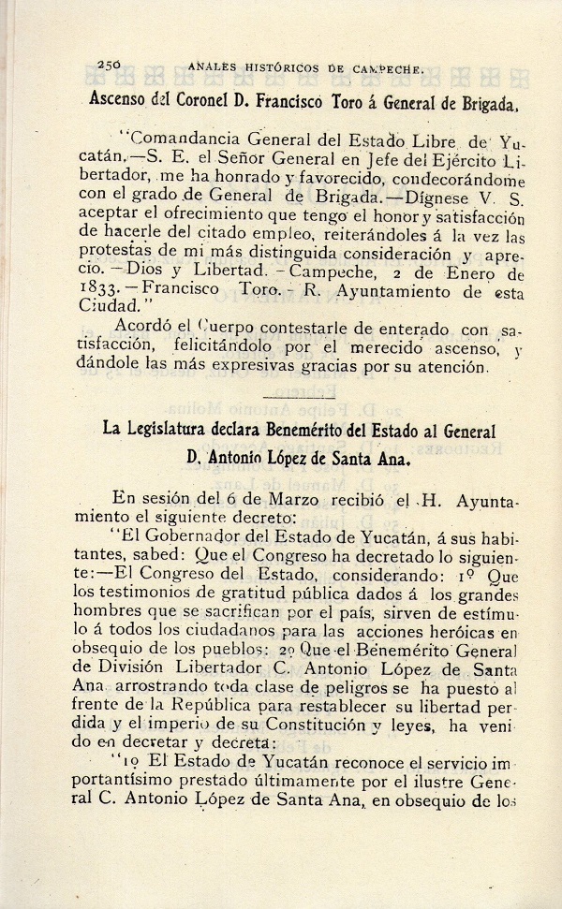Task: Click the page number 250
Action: [111, 65]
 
